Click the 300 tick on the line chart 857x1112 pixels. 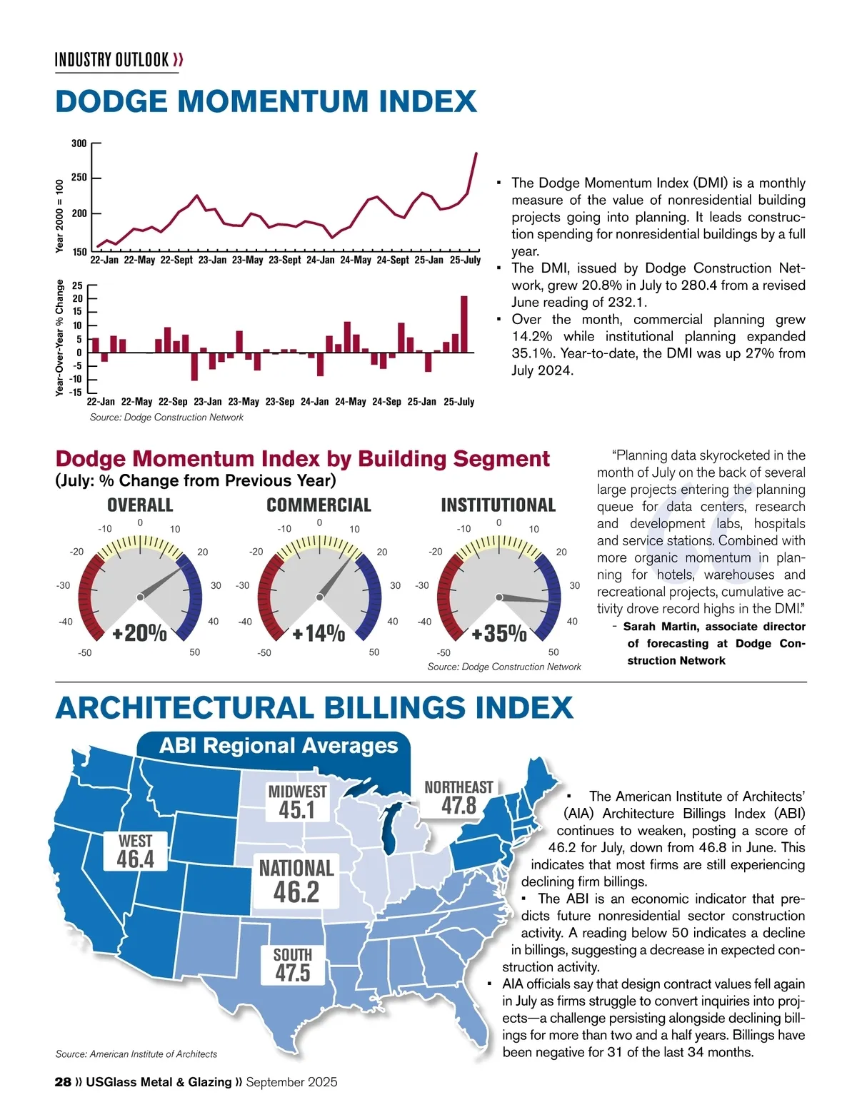coord(79,143)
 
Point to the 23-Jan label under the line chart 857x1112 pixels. coord(212,260)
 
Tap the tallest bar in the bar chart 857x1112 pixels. coord(464,324)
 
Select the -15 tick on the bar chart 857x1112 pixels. coord(76,392)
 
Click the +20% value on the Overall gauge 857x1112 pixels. coord(140,632)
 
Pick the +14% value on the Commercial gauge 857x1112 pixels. coord(319,633)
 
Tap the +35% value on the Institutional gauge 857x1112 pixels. coord(499,633)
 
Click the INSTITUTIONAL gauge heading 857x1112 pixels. coord(498,505)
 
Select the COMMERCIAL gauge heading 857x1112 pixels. coord(319,505)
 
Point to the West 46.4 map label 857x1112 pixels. coord(136,851)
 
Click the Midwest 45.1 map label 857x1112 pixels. coord(297,802)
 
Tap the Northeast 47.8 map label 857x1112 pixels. coord(458,797)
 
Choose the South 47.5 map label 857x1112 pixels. coord(293,964)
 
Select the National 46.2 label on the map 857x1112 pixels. coord(296,881)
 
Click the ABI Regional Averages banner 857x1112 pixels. coord(279,746)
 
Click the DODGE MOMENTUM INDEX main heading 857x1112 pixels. coord(266,101)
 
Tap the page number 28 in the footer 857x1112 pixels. coord(63,1082)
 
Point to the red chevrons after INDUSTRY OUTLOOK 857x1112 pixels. coord(178,59)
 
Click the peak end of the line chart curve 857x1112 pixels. coord(476,153)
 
